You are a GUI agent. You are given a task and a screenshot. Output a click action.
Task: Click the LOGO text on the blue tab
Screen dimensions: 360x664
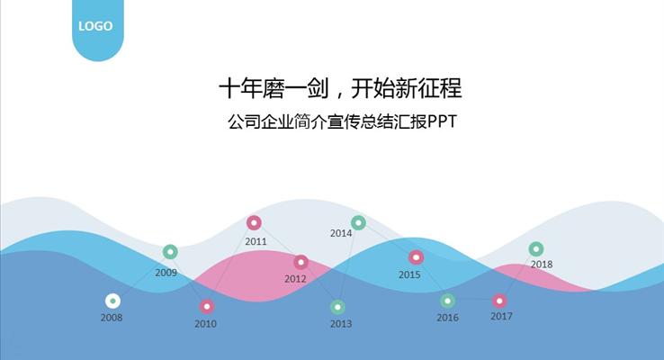[x=95, y=26]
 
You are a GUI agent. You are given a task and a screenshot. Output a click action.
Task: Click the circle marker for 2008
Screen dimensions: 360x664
[x=112, y=301]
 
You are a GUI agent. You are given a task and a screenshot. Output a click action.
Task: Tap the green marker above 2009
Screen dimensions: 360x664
[x=170, y=252]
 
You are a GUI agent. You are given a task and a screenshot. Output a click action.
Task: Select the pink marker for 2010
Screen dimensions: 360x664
[x=207, y=306]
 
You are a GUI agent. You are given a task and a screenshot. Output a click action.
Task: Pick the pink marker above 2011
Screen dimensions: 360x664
[x=254, y=222]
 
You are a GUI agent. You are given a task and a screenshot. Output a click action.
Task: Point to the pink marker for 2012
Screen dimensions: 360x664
[x=301, y=262]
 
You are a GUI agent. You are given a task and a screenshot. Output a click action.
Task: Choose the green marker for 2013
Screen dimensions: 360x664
[x=337, y=307]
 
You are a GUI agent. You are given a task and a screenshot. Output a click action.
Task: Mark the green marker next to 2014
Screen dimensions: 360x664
[x=358, y=222]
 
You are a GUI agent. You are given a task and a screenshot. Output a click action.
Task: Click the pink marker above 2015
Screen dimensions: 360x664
[x=416, y=257]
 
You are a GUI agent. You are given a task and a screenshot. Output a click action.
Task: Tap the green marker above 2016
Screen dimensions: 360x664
[x=447, y=301]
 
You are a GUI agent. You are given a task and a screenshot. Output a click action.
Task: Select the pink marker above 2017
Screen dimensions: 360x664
[x=499, y=301]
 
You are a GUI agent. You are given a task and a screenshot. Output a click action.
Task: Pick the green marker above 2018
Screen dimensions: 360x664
[x=536, y=248]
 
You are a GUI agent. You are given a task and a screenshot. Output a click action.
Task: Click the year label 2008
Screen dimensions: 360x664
[x=112, y=318]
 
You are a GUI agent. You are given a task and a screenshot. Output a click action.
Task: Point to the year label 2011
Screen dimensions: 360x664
[x=256, y=241]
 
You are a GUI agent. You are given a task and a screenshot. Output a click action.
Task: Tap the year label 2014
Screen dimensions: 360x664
[x=341, y=233]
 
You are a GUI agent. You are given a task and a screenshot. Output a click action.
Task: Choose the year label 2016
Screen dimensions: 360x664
[x=447, y=318]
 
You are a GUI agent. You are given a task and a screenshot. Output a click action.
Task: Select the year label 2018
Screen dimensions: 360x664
[x=542, y=265]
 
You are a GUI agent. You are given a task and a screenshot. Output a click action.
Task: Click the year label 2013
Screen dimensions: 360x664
[x=341, y=324]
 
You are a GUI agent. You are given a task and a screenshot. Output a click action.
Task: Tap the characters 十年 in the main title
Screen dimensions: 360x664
[x=237, y=88]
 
